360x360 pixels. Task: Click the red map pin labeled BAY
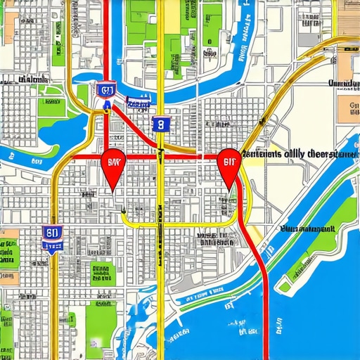tap(112, 164)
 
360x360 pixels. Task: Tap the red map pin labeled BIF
tap(229, 163)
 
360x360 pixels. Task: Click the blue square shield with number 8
tap(161, 125)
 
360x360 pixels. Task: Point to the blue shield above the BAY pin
tap(106, 89)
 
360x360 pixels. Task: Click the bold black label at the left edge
tap(21, 80)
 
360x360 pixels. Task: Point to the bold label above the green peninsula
tap(307, 229)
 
